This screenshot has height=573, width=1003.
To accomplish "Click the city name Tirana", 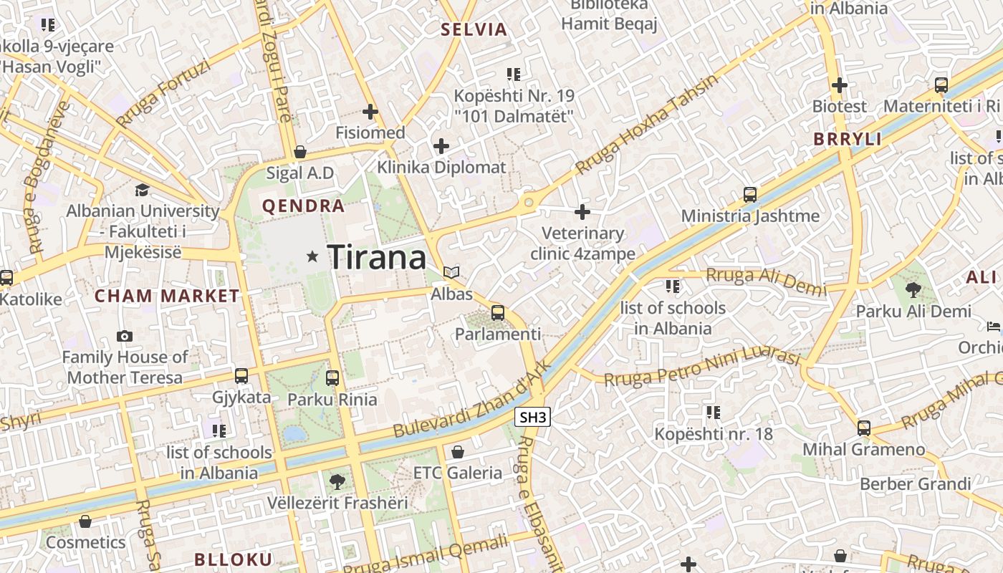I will [x=377, y=257].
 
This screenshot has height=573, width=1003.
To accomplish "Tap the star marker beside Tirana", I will [x=312, y=256].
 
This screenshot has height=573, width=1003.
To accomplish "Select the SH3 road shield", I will [x=532, y=418].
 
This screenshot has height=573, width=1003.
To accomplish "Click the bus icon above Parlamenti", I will [x=497, y=312].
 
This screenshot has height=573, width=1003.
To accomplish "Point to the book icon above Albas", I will [x=451, y=272].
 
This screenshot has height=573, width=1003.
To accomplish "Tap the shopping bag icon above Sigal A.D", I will [x=300, y=152].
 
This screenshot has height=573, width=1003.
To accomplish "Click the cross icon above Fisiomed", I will [x=370, y=112].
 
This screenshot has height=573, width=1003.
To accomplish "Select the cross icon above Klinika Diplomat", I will [x=441, y=147].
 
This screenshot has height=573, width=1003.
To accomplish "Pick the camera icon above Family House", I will [x=125, y=336].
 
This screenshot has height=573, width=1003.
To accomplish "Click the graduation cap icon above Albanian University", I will [x=142, y=190].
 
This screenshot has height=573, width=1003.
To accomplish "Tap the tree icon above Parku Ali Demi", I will [x=913, y=290].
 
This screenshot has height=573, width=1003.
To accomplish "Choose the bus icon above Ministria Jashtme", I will [x=750, y=194].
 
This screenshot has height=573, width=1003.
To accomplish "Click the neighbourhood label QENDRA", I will [x=303, y=206].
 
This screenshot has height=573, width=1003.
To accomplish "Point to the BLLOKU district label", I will [x=234, y=559].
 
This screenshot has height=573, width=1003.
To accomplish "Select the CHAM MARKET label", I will [x=167, y=296].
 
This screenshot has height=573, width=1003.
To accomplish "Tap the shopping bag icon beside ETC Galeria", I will [x=458, y=452].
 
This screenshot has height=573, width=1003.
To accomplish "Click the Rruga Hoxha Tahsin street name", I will [x=646, y=123].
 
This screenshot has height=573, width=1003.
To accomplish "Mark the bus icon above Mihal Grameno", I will [x=864, y=428].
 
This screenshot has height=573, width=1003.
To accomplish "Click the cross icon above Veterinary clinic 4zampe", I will [x=582, y=212].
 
